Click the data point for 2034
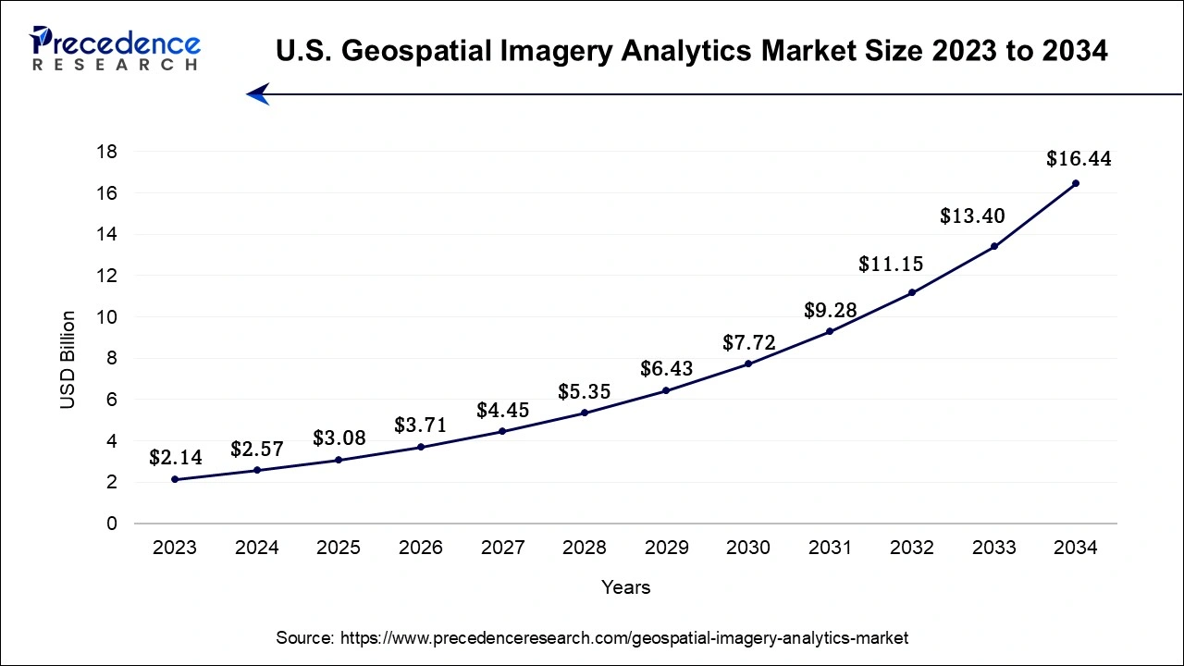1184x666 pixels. tap(1075, 183)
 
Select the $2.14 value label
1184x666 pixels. tap(175, 457)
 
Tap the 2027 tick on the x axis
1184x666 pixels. tap(502, 548)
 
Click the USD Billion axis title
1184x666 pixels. tap(68, 360)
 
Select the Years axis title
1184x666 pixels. tap(625, 587)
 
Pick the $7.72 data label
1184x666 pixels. tap(748, 344)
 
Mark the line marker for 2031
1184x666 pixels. tap(830, 331)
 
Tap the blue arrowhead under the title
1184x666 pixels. tap(257, 93)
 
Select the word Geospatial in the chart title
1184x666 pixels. tap(409, 52)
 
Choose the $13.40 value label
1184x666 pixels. tap(972, 216)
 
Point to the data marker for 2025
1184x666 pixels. tap(339, 460)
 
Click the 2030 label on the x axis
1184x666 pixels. tap(748, 548)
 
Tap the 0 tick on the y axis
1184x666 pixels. tap(112, 524)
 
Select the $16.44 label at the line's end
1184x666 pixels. tap(1079, 159)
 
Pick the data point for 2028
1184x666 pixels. tap(585, 413)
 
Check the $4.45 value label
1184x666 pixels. tap(502, 410)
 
